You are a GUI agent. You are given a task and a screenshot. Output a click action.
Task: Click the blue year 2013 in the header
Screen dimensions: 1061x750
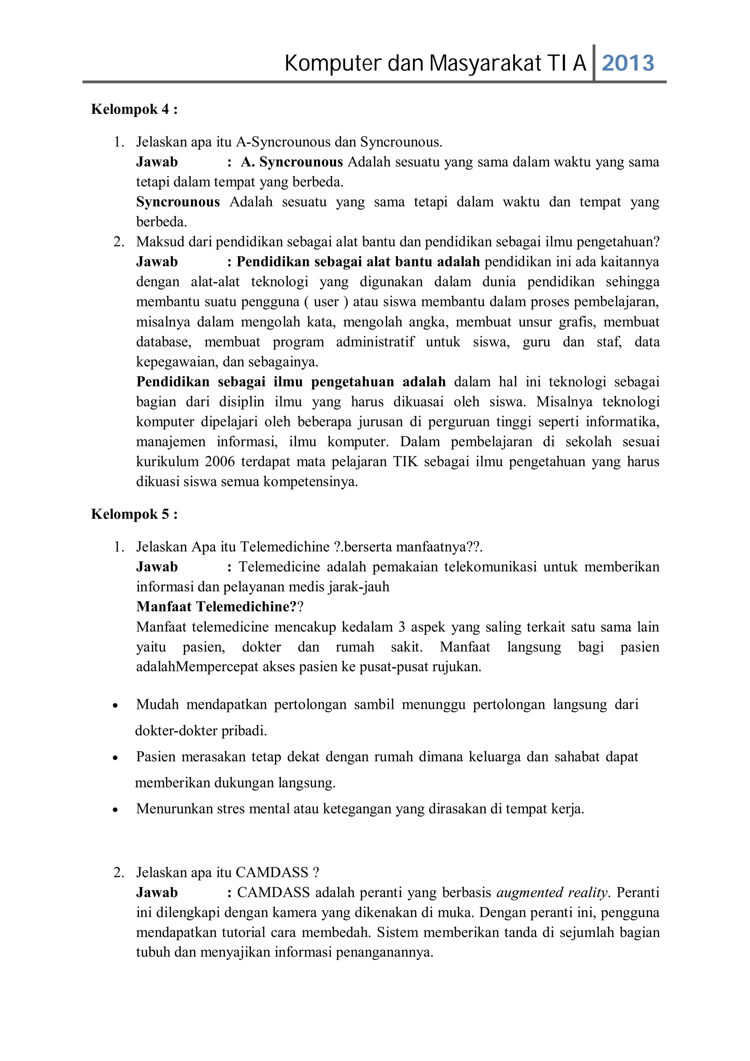(628, 63)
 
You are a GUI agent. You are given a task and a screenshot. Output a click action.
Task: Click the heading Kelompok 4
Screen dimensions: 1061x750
(134, 109)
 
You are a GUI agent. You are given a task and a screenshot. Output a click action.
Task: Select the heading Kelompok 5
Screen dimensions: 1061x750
(134, 514)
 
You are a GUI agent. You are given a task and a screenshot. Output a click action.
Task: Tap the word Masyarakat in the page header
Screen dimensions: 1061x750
(485, 63)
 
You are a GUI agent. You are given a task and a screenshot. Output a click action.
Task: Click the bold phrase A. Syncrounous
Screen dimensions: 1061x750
(292, 162)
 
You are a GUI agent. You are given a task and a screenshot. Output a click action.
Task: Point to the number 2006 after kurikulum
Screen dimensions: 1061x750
(219, 462)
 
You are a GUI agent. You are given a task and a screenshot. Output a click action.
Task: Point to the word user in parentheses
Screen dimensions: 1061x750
(326, 302)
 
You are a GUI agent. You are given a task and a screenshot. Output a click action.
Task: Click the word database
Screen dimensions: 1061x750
(163, 342)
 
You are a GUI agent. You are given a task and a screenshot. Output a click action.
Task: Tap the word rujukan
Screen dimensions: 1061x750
(457, 667)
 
